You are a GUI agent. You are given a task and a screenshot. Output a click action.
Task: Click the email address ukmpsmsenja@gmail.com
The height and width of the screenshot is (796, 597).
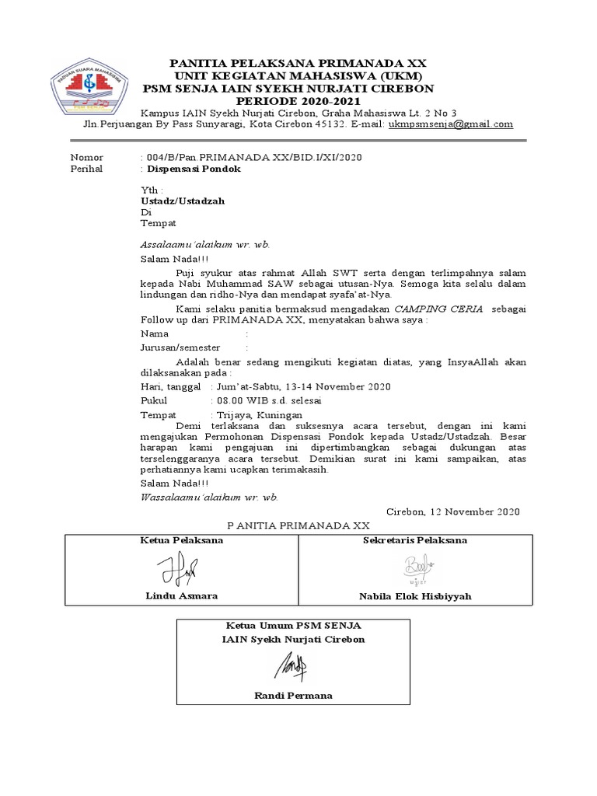(x=451, y=124)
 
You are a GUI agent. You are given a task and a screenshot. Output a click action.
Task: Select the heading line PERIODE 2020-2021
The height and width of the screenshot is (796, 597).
(x=299, y=101)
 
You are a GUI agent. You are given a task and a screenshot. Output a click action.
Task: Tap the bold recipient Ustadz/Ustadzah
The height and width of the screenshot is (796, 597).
(x=182, y=201)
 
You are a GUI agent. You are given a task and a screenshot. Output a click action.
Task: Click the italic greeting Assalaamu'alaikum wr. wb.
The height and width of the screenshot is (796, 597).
(x=204, y=244)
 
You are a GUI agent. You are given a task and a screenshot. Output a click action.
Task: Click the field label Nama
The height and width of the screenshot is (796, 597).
(x=154, y=333)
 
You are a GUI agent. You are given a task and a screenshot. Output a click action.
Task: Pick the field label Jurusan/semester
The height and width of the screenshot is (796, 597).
(x=180, y=347)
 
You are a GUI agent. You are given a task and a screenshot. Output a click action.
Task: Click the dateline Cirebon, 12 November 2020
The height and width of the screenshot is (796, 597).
(x=452, y=511)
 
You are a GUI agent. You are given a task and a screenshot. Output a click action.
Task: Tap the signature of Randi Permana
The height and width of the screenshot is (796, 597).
(x=293, y=665)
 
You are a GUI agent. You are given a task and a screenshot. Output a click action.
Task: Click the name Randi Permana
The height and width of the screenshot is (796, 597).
(x=293, y=695)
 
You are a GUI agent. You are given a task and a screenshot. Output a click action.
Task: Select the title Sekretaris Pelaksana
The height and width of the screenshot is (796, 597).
(x=415, y=540)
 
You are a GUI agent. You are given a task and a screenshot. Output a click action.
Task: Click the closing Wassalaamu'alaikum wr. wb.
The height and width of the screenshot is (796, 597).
(x=209, y=497)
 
